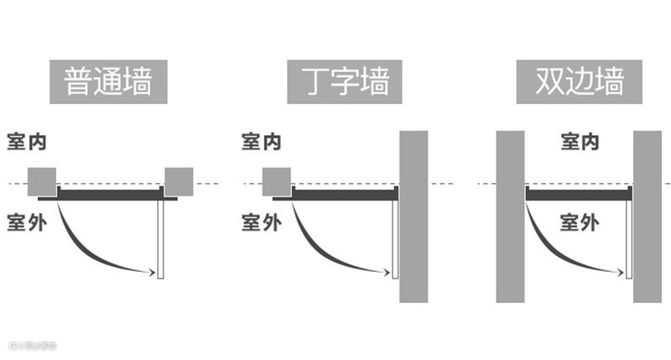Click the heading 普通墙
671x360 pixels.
(x=108, y=82)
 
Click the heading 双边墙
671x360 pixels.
(x=579, y=82)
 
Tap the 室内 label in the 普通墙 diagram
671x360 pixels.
(x=27, y=141)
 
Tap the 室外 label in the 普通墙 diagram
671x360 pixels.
(x=27, y=222)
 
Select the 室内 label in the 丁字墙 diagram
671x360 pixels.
(x=262, y=141)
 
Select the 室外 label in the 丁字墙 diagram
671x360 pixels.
(x=262, y=222)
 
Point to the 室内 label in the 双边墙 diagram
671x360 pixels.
(x=580, y=141)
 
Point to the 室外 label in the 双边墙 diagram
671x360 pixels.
(x=580, y=222)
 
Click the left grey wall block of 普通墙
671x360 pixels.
(x=42, y=181)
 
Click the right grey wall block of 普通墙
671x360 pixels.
(x=179, y=181)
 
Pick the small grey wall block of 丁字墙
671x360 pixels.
(x=277, y=181)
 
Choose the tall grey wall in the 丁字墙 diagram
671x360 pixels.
(x=414, y=217)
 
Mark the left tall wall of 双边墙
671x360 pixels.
(x=510, y=217)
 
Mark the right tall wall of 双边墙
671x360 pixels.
(x=648, y=217)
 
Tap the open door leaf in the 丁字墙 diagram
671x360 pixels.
(x=394, y=239)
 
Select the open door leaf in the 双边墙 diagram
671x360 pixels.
(x=629, y=239)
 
